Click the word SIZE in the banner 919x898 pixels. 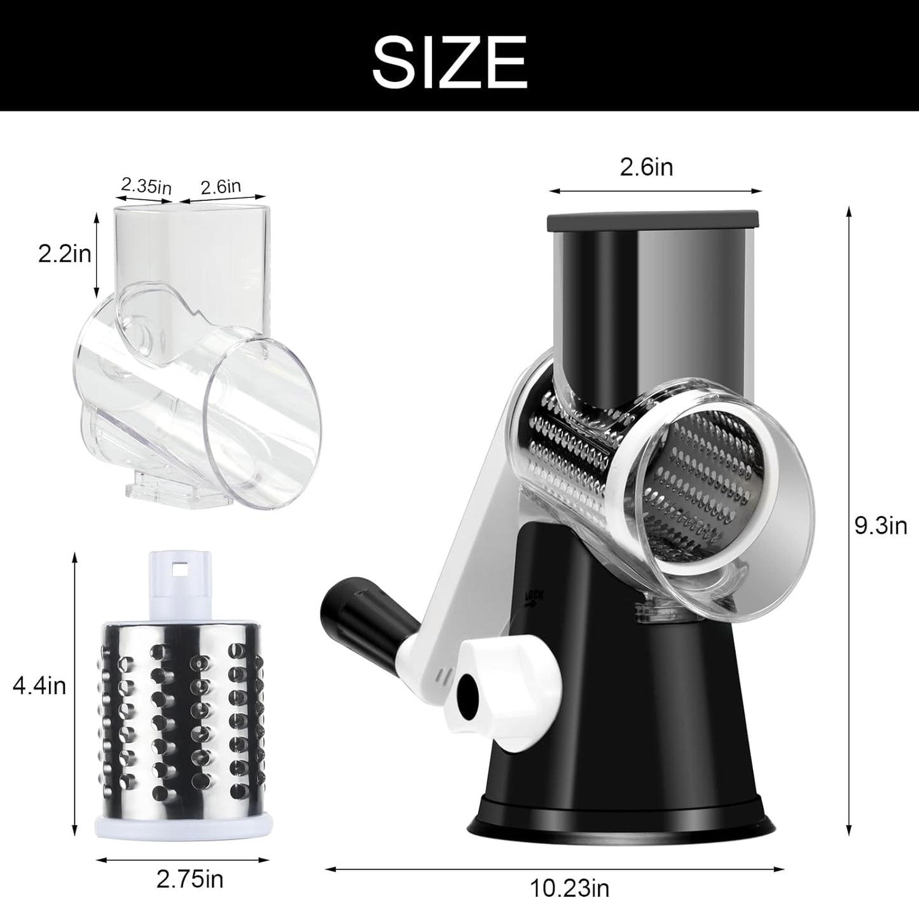pos(450,61)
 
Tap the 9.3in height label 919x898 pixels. pos(880,526)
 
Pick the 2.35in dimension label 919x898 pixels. pos(146,186)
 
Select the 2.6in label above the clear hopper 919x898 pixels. pos(221,186)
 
